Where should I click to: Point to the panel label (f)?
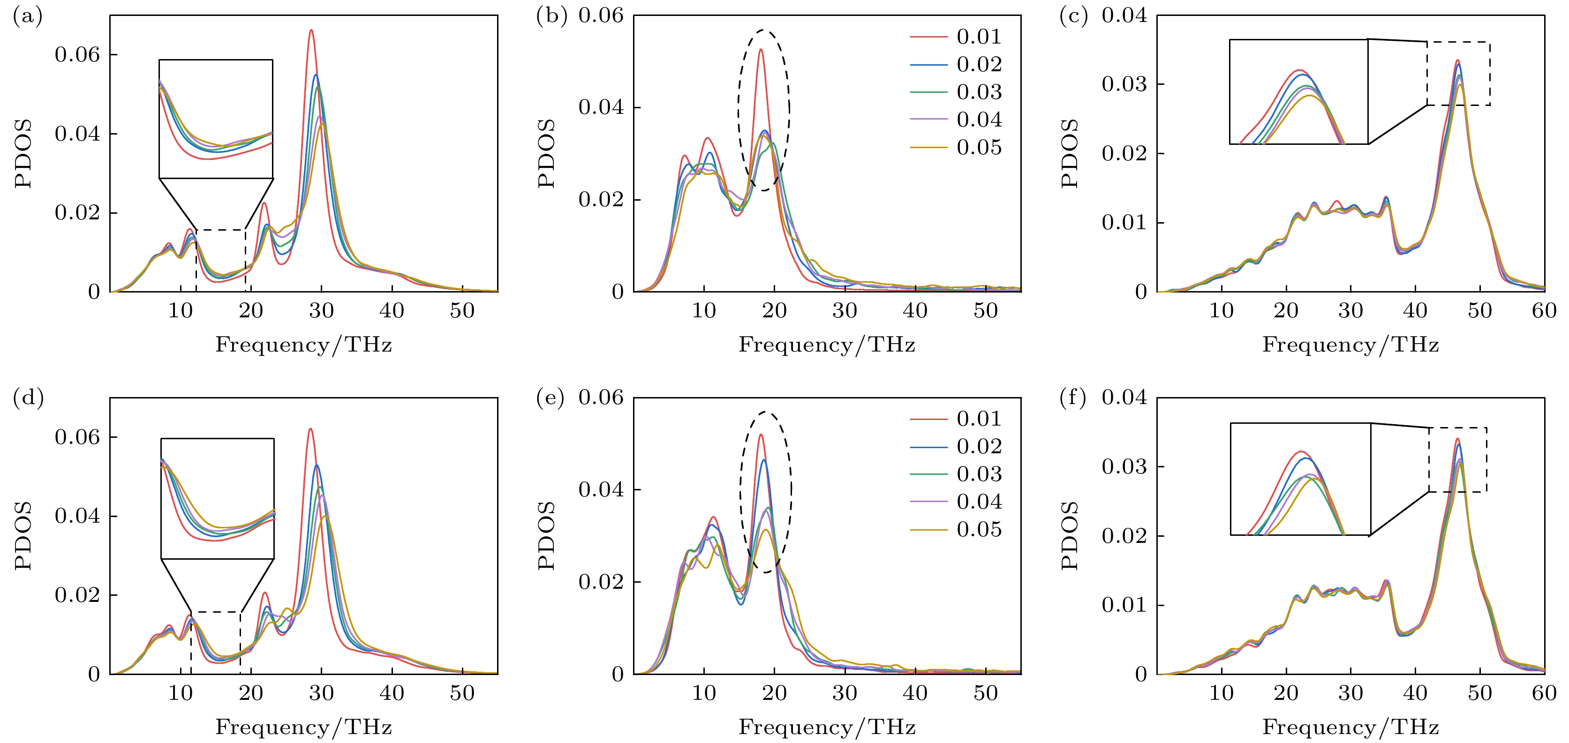pos(1073,398)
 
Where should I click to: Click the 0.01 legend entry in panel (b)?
pos(978,37)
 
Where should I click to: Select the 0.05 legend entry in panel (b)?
pos(978,147)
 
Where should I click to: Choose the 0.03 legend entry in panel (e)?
pos(978,474)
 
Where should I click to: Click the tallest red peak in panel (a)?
pos(311,30)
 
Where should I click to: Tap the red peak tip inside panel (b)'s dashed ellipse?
pos(761,50)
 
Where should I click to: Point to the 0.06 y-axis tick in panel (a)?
pos(77,55)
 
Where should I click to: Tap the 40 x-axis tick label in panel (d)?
pos(392,693)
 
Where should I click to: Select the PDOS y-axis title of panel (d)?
pos(23,535)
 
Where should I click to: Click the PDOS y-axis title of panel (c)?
pos(1070,153)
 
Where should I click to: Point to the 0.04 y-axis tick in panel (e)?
pos(601,490)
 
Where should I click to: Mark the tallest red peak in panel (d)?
pos(310,429)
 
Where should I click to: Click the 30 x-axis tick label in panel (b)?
pos(845,311)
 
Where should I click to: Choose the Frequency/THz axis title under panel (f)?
pos(1350,727)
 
